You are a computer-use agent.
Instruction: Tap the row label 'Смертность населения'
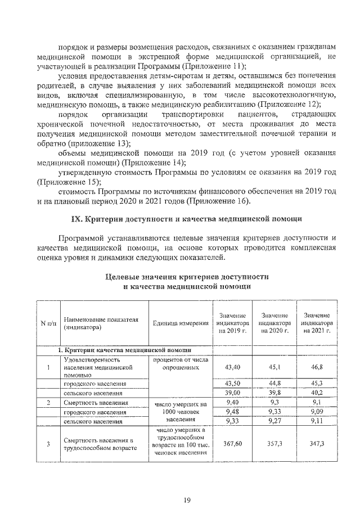coord(96,403)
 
